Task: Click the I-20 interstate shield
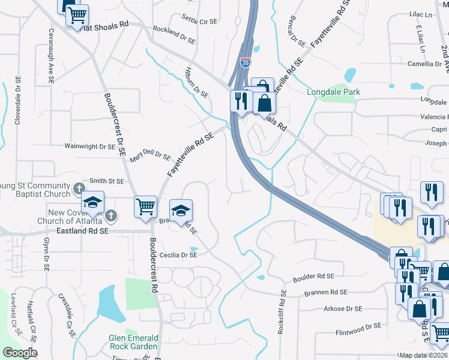[246, 61]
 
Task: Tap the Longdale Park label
[333, 92]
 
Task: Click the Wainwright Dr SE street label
[90, 146]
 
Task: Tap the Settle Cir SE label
[199, 20]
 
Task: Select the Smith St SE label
[106, 181]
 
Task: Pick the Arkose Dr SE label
[343, 308]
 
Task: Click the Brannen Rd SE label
[326, 293]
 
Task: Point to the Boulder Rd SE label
[313, 278]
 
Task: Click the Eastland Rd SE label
[82, 230]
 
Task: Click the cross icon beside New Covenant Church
[110, 215]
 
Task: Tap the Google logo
[20, 353]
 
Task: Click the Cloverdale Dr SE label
[18, 100]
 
